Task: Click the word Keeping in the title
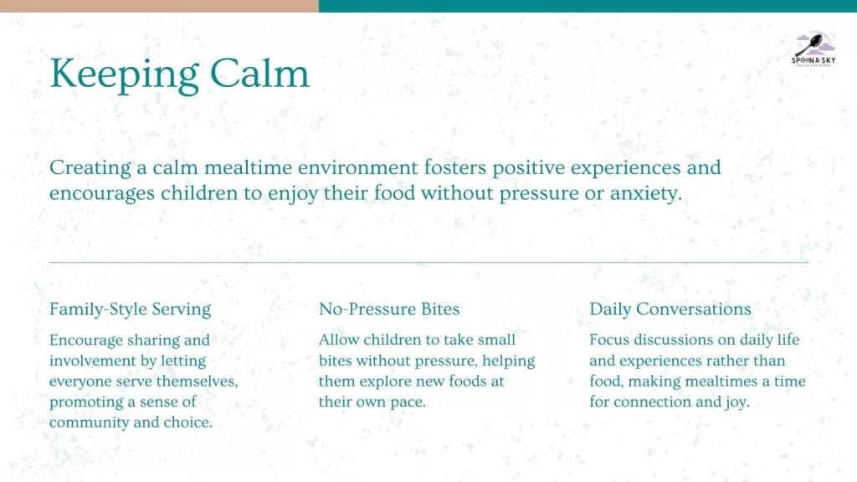(124, 74)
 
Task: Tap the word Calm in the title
(259, 74)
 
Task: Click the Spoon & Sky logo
(813, 49)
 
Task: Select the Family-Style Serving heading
(130, 310)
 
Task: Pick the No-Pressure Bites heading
(389, 309)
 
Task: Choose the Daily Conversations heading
(670, 310)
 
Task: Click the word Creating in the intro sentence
(90, 167)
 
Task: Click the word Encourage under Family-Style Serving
(86, 341)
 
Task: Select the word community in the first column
(89, 423)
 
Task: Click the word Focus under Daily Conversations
(609, 340)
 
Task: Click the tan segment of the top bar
(159, 6)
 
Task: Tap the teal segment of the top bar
(588, 6)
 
